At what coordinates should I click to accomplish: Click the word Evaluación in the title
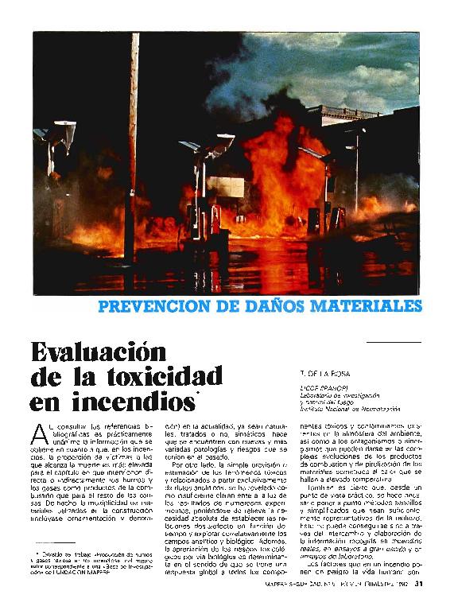[x=99, y=351]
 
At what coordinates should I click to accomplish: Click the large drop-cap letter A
[x=41, y=433]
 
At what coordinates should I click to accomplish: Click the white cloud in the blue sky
[x=374, y=76]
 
